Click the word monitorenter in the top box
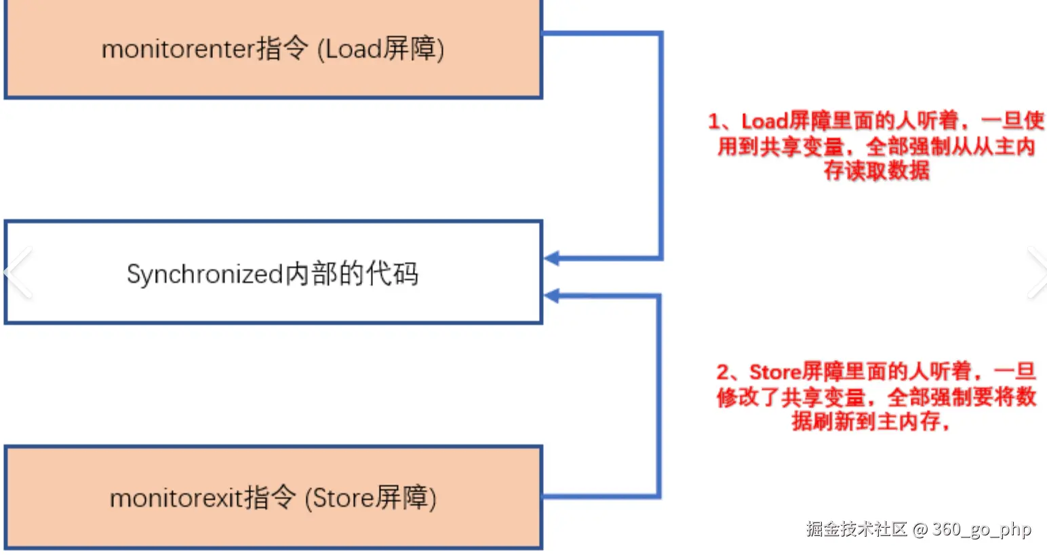[x=178, y=50]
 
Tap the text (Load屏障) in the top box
[x=380, y=50]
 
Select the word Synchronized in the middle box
[x=204, y=274]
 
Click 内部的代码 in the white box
[x=352, y=274]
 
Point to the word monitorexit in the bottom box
[x=176, y=499]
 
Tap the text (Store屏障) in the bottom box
[x=370, y=499]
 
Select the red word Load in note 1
[x=764, y=121]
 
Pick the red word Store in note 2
[x=775, y=372]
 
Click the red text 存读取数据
[x=876, y=171]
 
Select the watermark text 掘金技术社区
[x=856, y=529]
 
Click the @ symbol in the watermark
[x=920, y=530]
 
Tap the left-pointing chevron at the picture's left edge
[x=18, y=273]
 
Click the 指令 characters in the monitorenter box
[x=282, y=49]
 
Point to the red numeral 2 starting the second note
[x=723, y=372]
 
